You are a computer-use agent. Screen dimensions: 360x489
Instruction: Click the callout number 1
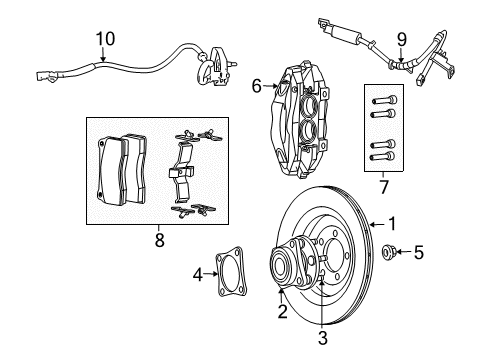[392, 224]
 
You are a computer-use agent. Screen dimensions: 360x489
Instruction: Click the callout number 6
[256, 87]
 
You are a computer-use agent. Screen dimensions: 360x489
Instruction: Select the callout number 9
[401, 39]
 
